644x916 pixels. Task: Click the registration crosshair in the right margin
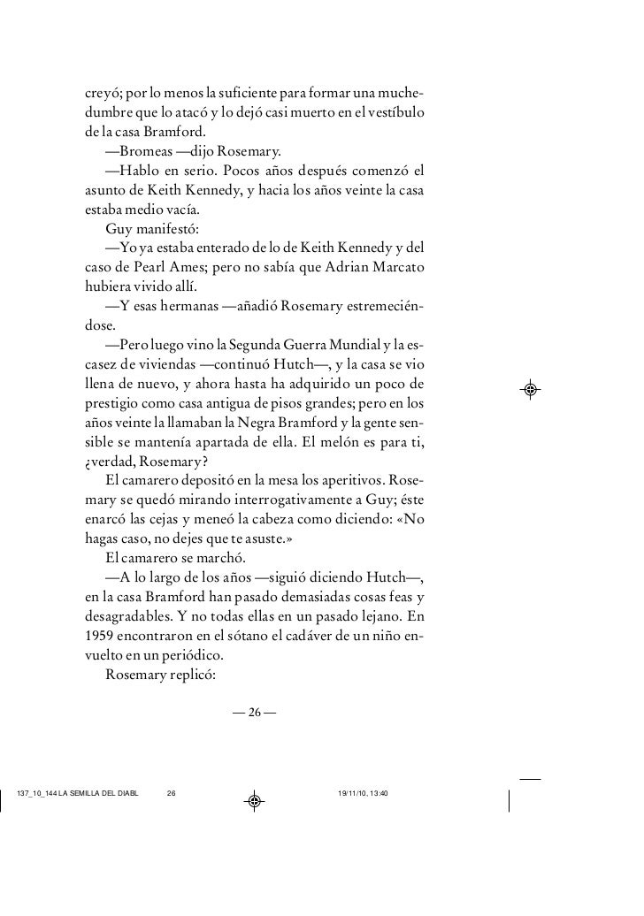[531, 389]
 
